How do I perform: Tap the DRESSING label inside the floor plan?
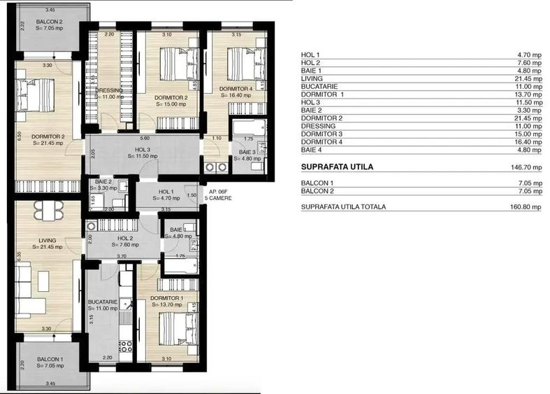109,90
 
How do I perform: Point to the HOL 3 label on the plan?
161,149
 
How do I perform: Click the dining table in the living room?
48,210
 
